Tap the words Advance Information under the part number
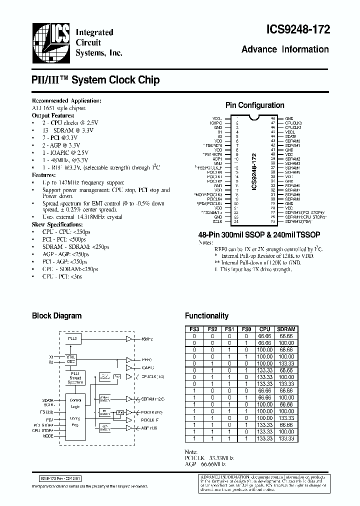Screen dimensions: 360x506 [x=285, y=49]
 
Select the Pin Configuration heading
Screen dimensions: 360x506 [x=254, y=105]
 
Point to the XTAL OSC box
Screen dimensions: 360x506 [x=70, y=359]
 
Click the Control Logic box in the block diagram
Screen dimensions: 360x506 [x=75, y=403]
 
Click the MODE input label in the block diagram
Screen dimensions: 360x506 [x=47, y=436]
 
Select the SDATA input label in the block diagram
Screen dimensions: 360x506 [x=48, y=400]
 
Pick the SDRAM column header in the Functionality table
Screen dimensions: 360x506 [x=286, y=329]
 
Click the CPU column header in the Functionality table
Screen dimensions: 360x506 [x=264, y=329]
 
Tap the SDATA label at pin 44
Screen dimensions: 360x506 [x=290, y=136]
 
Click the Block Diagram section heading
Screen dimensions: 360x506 [x=56, y=315]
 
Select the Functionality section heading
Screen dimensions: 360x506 [x=206, y=315]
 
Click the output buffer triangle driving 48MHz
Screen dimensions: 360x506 [x=129, y=339]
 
